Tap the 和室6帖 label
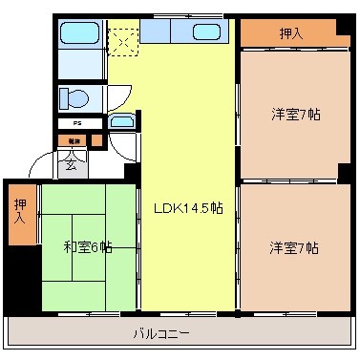coord(88,247)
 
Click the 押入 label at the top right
coord(292,33)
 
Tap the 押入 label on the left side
coord(19,211)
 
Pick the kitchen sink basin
coord(206,32)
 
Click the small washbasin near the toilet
coord(120,122)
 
